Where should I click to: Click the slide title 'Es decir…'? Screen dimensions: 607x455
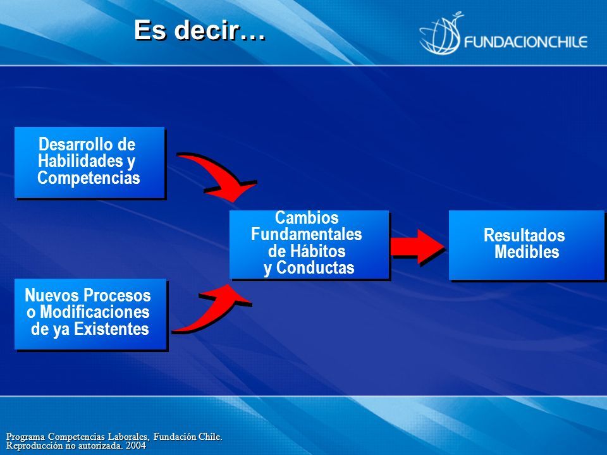(x=200, y=30)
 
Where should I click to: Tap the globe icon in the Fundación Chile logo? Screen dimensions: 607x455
(x=441, y=34)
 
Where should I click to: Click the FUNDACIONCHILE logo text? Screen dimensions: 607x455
(x=525, y=42)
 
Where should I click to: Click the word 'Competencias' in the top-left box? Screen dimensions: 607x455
(x=89, y=178)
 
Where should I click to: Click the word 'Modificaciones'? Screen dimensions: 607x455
(x=95, y=312)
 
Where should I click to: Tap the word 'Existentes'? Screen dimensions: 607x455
(x=111, y=329)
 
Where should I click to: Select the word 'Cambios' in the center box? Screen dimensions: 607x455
(x=307, y=217)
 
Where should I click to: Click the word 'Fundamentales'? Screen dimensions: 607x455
(x=307, y=234)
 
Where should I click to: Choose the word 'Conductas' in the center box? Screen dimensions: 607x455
(x=315, y=268)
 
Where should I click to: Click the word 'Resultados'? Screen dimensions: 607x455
(x=524, y=235)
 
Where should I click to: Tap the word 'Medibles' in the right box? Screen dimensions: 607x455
(x=527, y=252)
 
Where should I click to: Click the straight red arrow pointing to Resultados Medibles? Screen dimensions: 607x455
(x=417, y=247)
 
